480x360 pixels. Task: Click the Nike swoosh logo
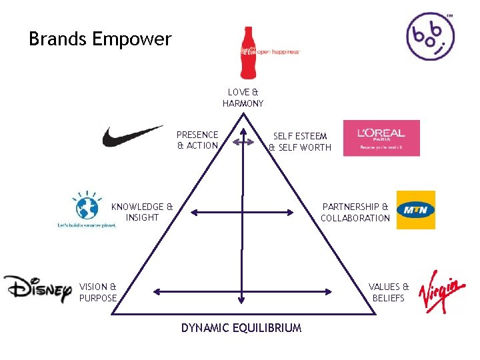pos(132,136)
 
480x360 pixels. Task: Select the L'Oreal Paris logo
pos(381,138)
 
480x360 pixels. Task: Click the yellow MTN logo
pos(415,210)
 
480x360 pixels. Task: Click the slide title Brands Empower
pos(100,39)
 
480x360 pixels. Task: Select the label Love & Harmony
pos(243,98)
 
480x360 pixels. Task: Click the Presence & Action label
pos(197,140)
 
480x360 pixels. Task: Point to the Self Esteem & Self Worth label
pos(300,141)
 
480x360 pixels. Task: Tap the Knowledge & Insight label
pos(142,212)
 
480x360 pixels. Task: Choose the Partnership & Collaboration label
pos(355,212)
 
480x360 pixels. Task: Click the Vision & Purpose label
pos(98,292)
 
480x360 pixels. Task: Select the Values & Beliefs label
pos(389,292)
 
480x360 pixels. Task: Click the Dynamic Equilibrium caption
pos(241,327)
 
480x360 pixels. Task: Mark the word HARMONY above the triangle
pos(243,104)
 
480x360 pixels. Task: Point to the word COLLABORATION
pos(355,218)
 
